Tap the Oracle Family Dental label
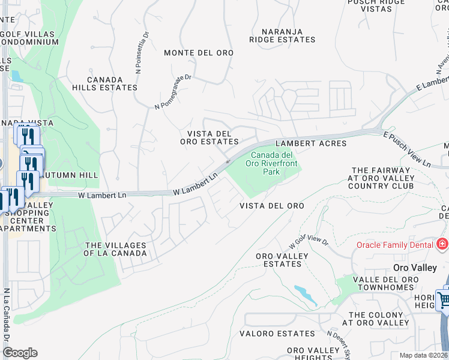point(394,244)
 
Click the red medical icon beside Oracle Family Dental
point(442,244)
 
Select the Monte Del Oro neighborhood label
point(199,53)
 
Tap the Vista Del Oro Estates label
point(209,137)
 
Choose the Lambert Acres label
point(311,143)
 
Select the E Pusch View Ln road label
point(408,149)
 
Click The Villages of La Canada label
point(115,249)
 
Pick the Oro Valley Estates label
point(282,260)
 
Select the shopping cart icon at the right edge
point(443,299)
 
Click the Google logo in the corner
point(20,352)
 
